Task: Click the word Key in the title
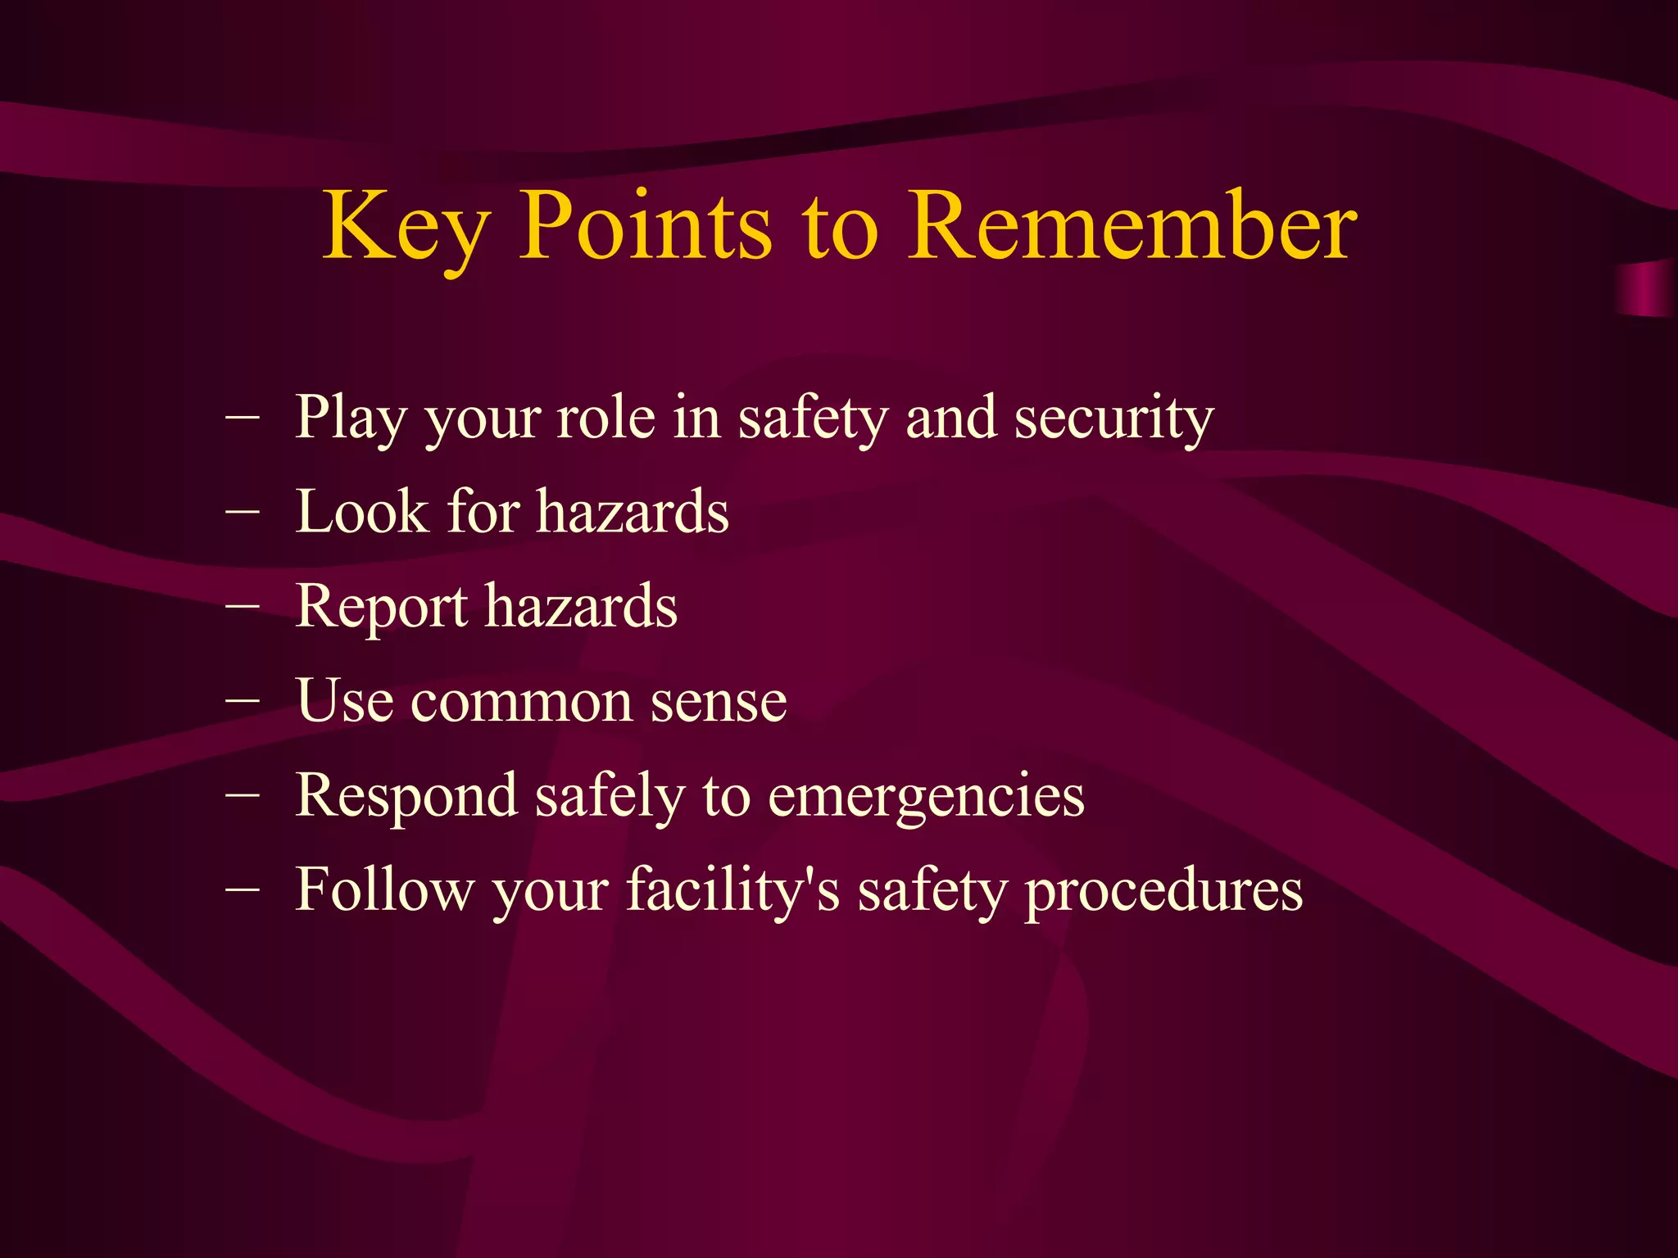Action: tap(405, 227)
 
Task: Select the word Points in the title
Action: tap(646, 227)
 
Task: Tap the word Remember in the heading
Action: tap(1132, 227)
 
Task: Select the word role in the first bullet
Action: tap(605, 418)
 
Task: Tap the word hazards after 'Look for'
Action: tap(633, 512)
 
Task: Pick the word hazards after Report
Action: tap(581, 607)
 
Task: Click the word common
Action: tap(522, 703)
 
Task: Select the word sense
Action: tap(718, 703)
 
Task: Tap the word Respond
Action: tap(406, 797)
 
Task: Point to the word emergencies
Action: tap(926, 797)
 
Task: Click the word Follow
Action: tap(383, 890)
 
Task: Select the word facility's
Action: tap(732, 891)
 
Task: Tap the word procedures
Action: tap(1163, 891)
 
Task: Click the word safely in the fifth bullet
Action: tap(609, 797)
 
